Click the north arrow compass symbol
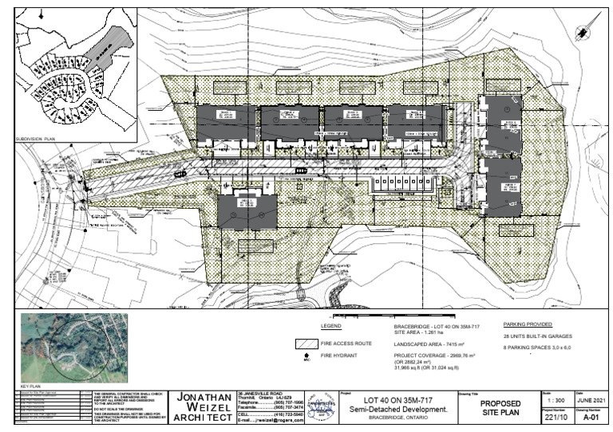coord(580,30)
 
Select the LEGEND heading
coord(330,326)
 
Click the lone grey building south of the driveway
coord(247,210)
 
